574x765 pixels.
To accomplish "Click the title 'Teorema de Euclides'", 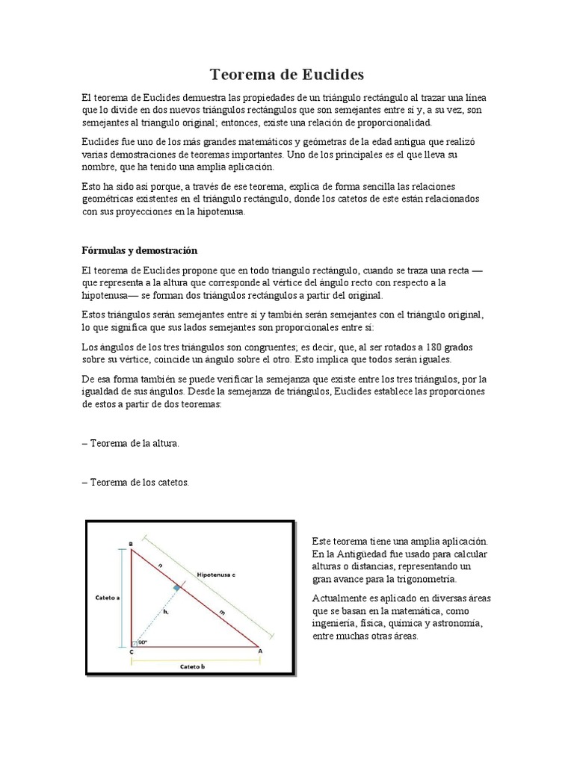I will (286, 74).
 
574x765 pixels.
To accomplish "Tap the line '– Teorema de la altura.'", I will (131, 443).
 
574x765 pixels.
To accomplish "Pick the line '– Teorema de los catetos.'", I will (135, 483).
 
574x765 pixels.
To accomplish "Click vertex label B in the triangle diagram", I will (131, 543).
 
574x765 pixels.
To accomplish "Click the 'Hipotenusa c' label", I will (216, 575).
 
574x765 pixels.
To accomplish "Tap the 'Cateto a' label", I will (108, 598).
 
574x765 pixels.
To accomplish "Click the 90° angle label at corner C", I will (142, 642).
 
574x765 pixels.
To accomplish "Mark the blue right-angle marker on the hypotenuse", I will (176, 589).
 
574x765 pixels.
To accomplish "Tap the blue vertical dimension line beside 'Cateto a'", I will (118, 598).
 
